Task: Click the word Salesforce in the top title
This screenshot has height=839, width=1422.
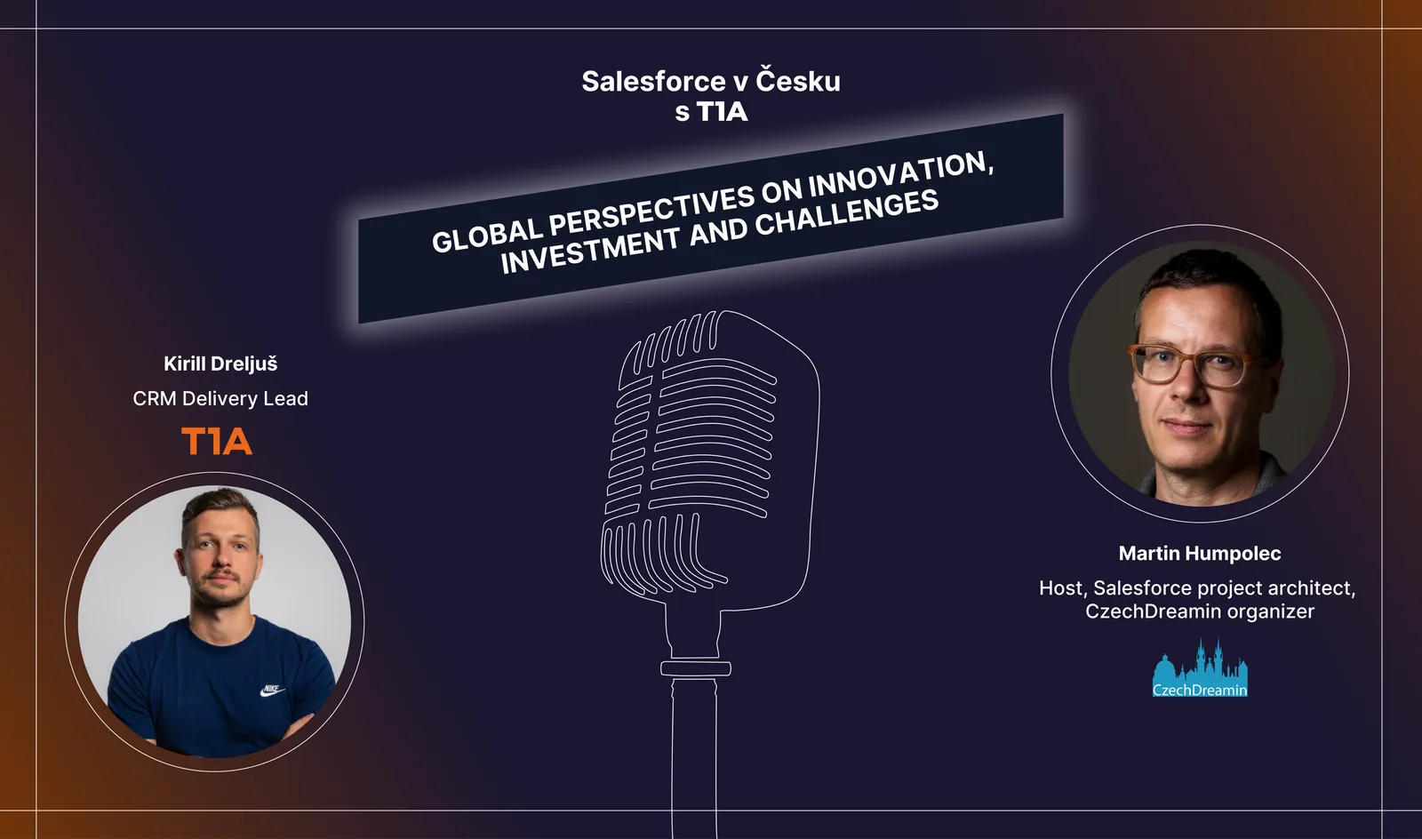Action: pyautogui.click(x=654, y=81)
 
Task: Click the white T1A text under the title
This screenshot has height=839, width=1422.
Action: pyautogui.click(x=723, y=112)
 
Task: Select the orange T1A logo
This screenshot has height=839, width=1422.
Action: pyautogui.click(x=217, y=441)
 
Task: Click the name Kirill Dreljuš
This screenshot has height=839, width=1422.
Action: pyautogui.click(x=220, y=364)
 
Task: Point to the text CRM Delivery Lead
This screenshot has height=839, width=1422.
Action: pyautogui.click(x=220, y=398)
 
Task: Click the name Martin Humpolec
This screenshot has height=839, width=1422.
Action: pyautogui.click(x=1200, y=554)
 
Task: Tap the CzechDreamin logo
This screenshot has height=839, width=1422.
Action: pyautogui.click(x=1200, y=668)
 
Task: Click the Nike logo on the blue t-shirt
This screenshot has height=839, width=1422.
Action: pyautogui.click(x=272, y=690)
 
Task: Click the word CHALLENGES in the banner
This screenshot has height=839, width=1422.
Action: pyautogui.click(x=847, y=218)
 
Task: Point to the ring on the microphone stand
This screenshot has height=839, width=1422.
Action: pyautogui.click(x=696, y=668)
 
